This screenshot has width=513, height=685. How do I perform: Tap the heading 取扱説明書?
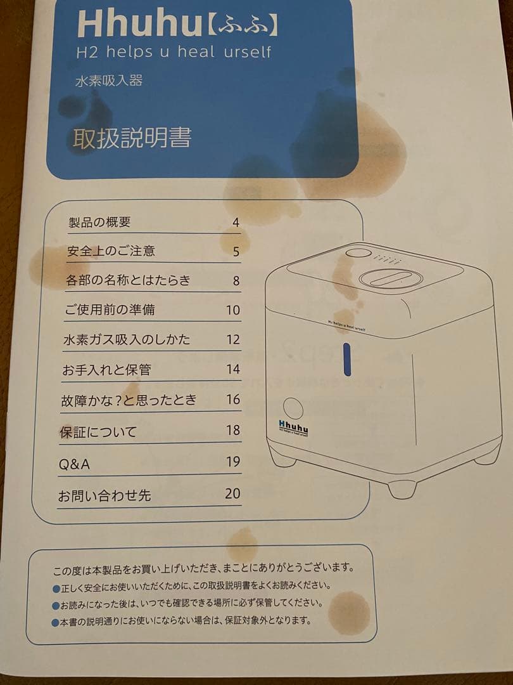click(x=132, y=138)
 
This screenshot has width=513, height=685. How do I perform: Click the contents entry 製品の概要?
click(x=99, y=223)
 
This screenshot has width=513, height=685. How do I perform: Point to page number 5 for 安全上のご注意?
click(x=236, y=252)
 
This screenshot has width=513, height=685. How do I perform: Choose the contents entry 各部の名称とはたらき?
click(x=128, y=280)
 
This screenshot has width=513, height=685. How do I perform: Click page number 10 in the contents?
click(x=233, y=310)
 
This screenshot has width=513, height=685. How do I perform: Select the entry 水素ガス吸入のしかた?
click(x=127, y=339)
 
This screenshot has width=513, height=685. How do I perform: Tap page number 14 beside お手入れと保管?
click(x=233, y=369)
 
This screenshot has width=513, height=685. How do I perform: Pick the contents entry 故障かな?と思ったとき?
click(x=129, y=400)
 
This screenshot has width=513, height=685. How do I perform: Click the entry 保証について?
click(x=98, y=433)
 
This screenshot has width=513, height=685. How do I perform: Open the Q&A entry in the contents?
click(x=74, y=464)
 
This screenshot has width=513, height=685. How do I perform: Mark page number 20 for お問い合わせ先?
click(x=232, y=493)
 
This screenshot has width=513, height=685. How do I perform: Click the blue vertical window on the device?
click(x=346, y=360)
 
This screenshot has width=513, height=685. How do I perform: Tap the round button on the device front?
click(x=293, y=408)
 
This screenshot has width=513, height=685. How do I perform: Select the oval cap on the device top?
click(x=390, y=278)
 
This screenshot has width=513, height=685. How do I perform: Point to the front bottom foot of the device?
click(x=402, y=488)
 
